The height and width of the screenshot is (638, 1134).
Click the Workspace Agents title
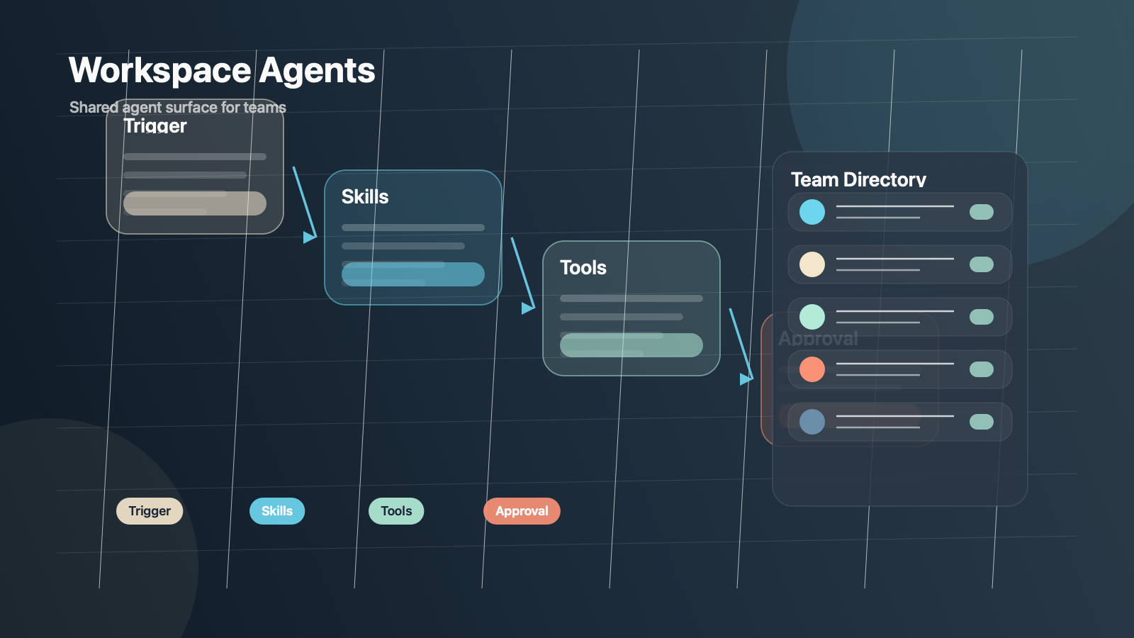click(222, 71)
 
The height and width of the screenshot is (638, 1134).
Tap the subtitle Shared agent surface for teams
click(178, 107)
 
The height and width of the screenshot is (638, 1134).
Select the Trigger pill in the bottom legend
click(150, 511)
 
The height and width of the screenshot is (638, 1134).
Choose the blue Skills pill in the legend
click(277, 511)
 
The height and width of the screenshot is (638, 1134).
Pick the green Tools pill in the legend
click(396, 511)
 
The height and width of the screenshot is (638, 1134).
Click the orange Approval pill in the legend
click(522, 511)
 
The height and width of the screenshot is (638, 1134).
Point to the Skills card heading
click(365, 197)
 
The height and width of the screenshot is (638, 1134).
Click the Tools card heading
click(583, 268)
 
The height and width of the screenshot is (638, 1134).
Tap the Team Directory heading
click(858, 180)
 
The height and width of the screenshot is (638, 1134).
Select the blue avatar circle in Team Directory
click(812, 212)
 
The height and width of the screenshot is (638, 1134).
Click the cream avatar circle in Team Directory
click(812, 264)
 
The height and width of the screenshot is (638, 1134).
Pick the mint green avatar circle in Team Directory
click(812, 317)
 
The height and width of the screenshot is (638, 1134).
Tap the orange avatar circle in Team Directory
click(812, 369)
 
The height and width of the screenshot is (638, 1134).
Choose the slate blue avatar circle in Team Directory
click(812, 422)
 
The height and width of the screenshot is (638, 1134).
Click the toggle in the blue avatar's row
click(982, 212)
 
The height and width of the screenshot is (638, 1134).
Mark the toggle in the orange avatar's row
click(982, 369)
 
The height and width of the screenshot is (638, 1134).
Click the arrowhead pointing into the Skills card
click(309, 237)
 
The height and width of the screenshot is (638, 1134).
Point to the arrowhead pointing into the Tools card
click(527, 308)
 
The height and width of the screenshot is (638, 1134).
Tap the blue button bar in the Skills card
click(413, 274)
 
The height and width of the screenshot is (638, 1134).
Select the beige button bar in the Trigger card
click(195, 203)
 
